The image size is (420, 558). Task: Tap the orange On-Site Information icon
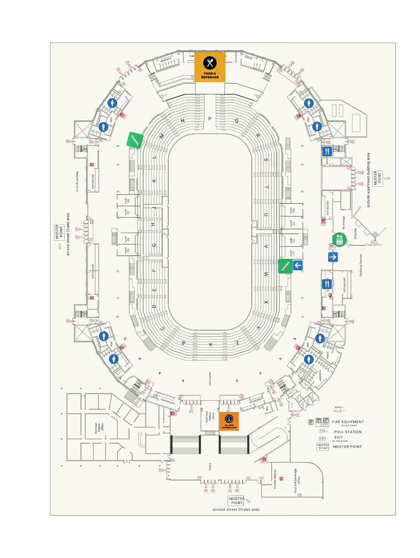(229, 421)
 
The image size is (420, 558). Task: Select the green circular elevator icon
(338, 239)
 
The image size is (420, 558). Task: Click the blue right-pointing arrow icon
(333, 257)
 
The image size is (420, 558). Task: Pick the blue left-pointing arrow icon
(298, 266)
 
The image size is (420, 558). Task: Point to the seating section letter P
(210, 119)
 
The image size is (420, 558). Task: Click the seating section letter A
(210, 345)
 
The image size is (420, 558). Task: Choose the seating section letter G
(153, 245)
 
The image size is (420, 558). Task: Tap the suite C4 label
(292, 211)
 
